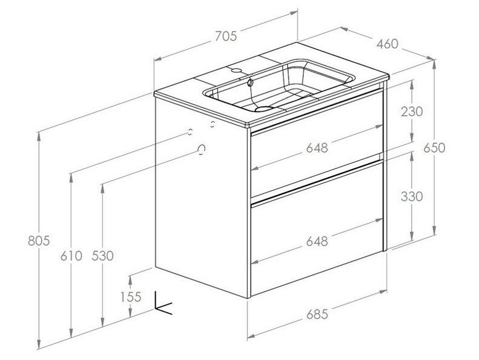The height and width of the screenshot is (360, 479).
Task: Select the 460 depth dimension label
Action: [x=387, y=44]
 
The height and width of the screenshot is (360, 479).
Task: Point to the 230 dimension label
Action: [x=412, y=112]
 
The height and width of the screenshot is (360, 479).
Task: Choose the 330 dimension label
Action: [x=412, y=197]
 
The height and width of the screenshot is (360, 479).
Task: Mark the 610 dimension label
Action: [x=71, y=256]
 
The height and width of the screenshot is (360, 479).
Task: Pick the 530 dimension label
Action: [x=102, y=256]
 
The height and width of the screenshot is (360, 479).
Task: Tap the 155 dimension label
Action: [x=131, y=296]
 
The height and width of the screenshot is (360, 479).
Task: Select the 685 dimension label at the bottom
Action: [x=317, y=314]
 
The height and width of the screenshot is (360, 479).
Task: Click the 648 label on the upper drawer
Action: [x=317, y=147]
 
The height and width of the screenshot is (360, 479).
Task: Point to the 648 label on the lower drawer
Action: [x=317, y=241]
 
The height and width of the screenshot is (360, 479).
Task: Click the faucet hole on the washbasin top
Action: [x=235, y=71]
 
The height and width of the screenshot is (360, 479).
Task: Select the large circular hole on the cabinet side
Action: [x=203, y=149]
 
